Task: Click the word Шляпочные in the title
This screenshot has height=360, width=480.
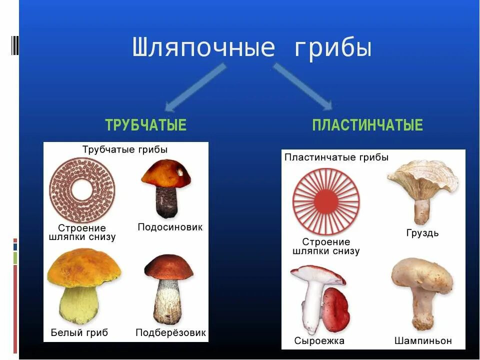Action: [204, 48]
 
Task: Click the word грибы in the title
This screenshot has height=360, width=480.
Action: [332, 48]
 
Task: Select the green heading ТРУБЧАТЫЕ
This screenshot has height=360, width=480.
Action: [145, 125]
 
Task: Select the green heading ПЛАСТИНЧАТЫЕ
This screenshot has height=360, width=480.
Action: [367, 125]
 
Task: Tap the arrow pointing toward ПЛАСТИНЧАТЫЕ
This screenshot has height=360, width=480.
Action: [303, 86]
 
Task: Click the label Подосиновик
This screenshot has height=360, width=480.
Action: [170, 227]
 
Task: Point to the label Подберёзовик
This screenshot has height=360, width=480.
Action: [170, 332]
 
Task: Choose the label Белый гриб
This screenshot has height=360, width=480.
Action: [79, 332]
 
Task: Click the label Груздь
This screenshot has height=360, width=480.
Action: [422, 233]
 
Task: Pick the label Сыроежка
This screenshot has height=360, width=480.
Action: [319, 341]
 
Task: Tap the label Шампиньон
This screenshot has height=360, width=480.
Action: [423, 341]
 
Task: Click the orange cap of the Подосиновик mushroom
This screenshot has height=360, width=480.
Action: [166, 173]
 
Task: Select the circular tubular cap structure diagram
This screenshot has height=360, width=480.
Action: [82, 190]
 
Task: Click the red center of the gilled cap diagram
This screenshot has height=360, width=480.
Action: [326, 201]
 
